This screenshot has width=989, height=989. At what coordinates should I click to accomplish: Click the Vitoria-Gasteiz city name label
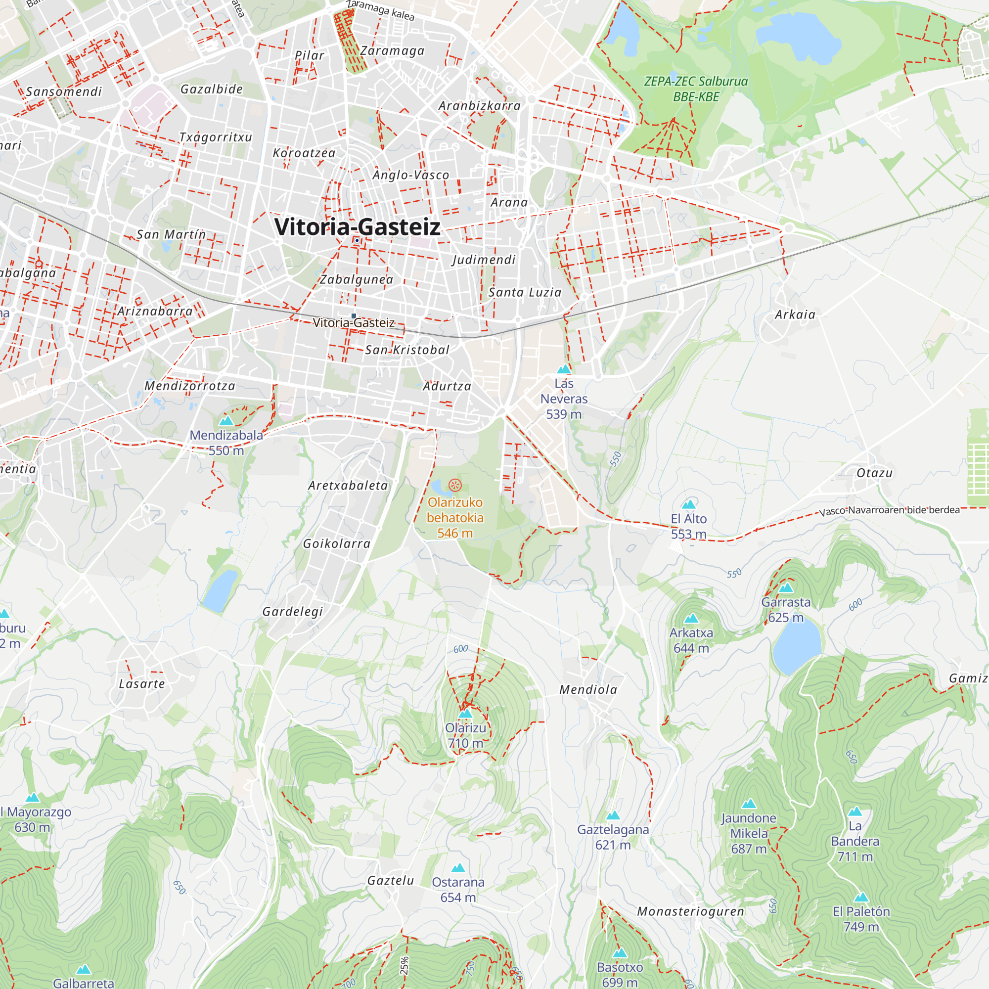tap(357, 227)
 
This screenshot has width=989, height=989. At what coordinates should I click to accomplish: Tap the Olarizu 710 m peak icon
tap(465, 714)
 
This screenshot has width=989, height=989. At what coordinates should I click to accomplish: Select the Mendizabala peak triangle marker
tap(226, 421)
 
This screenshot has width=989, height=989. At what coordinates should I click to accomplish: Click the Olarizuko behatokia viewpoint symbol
tap(454, 485)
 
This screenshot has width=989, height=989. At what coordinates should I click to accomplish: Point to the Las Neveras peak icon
tap(564, 369)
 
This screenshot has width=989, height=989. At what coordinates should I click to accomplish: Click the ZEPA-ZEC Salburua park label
tap(696, 89)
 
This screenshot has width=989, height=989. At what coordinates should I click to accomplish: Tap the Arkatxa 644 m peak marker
tap(691, 619)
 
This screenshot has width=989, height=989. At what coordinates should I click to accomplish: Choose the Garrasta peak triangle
tap(786, 587)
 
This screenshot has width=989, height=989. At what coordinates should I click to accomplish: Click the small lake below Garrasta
tap(796, 648)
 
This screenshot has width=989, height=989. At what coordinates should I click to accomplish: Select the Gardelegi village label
tap(293, 612)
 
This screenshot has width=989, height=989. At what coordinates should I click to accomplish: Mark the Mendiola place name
tap(588, 689)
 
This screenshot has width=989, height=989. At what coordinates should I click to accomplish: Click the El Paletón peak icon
tap(861, 898)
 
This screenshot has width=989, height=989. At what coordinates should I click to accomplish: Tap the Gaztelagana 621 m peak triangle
tap(613, 815)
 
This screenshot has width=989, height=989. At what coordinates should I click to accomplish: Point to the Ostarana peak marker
tap(458, 868)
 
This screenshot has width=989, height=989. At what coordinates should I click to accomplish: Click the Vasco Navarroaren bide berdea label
tap(889, 510)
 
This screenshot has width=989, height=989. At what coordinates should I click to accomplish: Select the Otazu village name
tap(874, 473)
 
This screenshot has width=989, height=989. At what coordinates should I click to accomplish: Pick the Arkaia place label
tap(795, 315)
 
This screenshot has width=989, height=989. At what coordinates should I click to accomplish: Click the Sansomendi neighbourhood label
tap(64, 91)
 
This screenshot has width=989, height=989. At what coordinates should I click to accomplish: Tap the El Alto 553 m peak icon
tap(689, 504)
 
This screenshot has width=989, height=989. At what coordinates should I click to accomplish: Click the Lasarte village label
tap(142, 684)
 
